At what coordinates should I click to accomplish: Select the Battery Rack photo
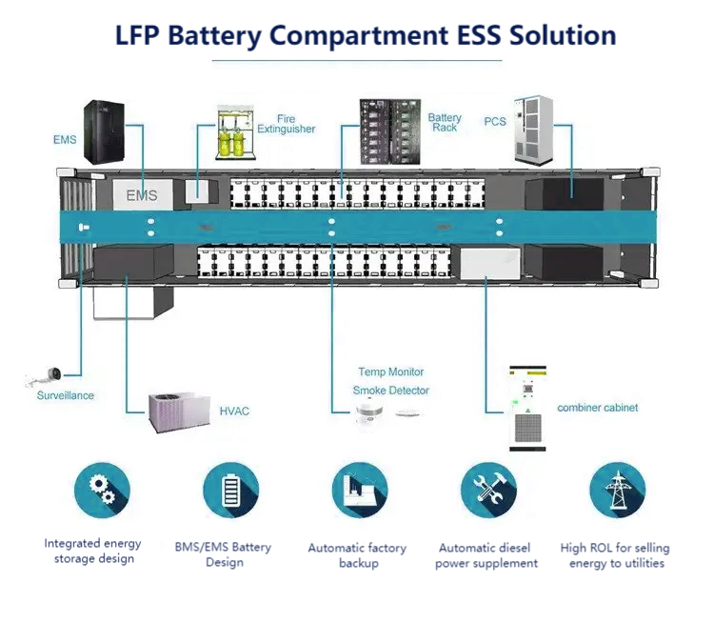pyautogui.click(x=387, y=131)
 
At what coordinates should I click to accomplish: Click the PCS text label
pyautogui.click(x=495, y=121)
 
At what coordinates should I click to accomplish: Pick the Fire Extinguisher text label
pyautogui.click(x=287, y=124)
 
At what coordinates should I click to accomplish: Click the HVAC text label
pyautogui.click(x=235, y=411)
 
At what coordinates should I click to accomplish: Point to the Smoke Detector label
pyautogui.click(x=391, y=391)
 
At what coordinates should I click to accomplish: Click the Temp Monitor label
pyautogui.click(x=391, y=371)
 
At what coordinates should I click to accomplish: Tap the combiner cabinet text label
pyautogui.click(x=598, y=408)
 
